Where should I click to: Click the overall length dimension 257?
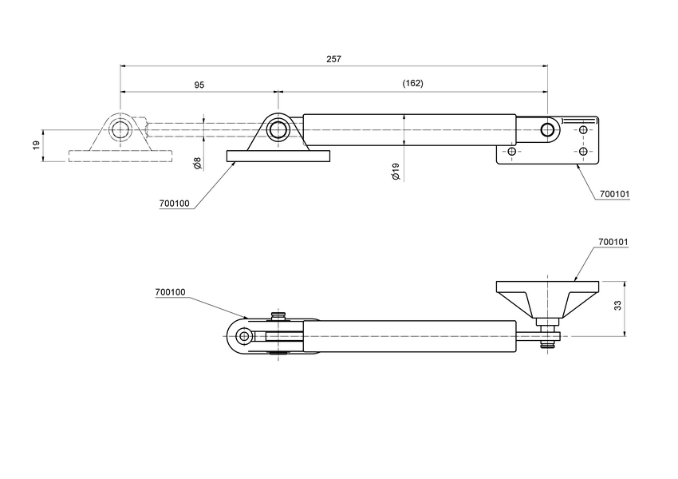click(334, 59)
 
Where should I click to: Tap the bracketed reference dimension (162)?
click(412, 84)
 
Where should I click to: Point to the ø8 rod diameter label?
click(197, 164)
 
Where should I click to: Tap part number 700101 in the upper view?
click(614, 194)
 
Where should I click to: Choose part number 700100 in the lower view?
click(171, 293)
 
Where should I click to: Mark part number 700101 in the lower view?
click(613, 241)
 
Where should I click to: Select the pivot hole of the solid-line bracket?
click(278, 129)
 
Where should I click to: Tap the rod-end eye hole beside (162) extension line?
click(548, 129)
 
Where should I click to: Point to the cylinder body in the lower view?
click(407, 336)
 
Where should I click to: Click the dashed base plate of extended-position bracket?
click(120, 156)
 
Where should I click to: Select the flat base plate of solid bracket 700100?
click(278, 156)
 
